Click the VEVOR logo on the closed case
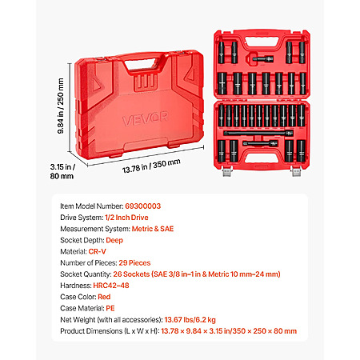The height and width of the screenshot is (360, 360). click(146, 118)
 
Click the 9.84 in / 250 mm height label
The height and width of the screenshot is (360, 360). click(61, 106)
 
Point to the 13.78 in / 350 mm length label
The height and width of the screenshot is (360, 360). click(151, 166)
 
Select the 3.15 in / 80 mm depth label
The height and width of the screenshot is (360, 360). click(62, 171)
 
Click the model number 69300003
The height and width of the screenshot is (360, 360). click(143, 206)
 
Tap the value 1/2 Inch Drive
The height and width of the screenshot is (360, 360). click(126, 218)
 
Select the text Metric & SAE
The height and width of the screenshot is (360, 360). click(153, 229)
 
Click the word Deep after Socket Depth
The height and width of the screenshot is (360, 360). click(114, 240)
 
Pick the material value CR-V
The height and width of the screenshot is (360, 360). click(97, 251)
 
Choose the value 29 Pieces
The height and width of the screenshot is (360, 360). click(134, 263)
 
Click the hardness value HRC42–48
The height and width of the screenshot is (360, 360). click(111, 286)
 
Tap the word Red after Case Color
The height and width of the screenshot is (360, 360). click(104, 297)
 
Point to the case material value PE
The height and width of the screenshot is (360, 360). click(110, 308)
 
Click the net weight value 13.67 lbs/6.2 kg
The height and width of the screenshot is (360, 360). click(190, 319)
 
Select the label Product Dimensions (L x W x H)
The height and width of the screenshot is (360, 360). click(110, 331)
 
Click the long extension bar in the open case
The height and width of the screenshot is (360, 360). click(258, 133)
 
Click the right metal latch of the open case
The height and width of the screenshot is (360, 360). click(296, 171)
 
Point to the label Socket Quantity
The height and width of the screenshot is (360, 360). click(86, 274)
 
